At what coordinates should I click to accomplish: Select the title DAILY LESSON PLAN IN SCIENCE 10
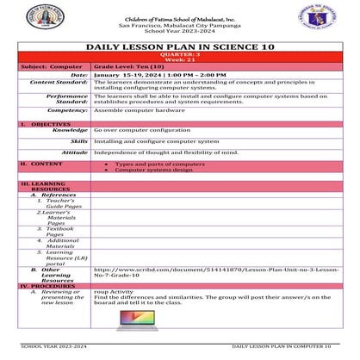click(180, 50)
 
